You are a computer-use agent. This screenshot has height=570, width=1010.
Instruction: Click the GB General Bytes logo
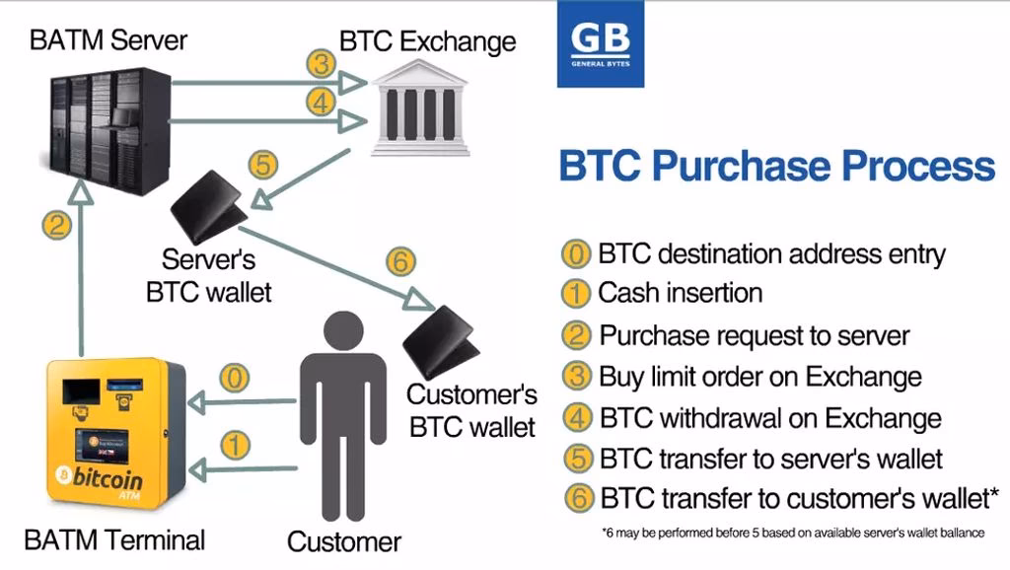(x=600, y=44)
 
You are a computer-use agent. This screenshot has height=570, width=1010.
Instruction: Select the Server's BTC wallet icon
(x=209, y=207)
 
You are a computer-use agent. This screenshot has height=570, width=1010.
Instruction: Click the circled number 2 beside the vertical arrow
(x=56, y=224)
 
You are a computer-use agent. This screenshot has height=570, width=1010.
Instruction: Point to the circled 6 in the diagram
(x=399, y=262)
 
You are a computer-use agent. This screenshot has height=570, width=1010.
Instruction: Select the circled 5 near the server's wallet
(x=261, y=165)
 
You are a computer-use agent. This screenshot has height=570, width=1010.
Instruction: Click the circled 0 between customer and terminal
(x=233, y=377)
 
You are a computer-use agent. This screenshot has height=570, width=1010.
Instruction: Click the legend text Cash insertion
(x=680, y=293)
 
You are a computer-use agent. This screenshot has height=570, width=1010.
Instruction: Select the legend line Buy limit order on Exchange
(x=759, y=377)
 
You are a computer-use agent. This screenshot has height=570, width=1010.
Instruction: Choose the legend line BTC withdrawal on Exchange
(x=769, y=418)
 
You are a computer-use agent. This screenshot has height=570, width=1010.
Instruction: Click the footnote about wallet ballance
(x=793, y=534)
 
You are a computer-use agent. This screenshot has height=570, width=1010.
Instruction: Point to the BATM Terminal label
(x=114, y=540)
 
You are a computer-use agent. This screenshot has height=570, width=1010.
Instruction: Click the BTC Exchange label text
(x=427, y=41)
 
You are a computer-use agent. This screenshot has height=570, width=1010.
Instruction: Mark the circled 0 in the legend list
(x=575, y=253)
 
